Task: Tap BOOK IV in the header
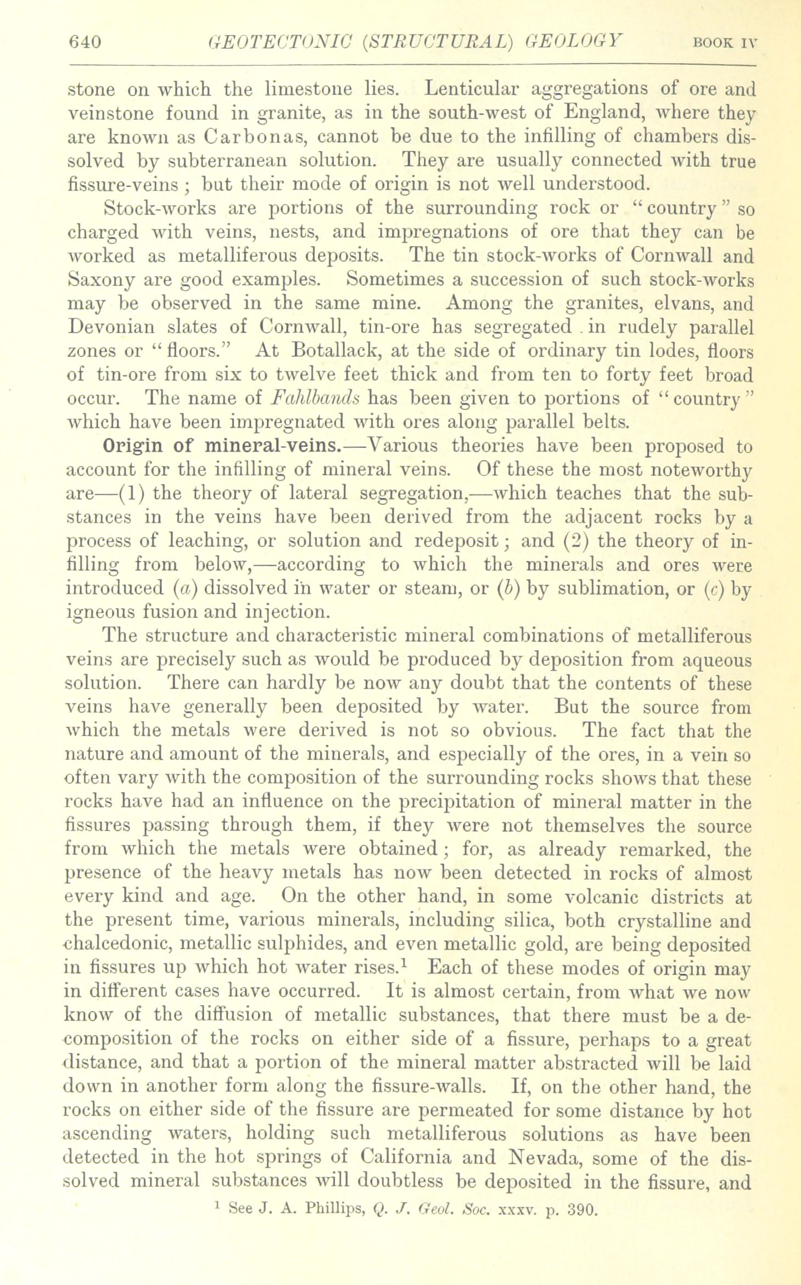pos(725,43)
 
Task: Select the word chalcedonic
pos(120,945)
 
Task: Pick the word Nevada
pos(540,1159)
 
